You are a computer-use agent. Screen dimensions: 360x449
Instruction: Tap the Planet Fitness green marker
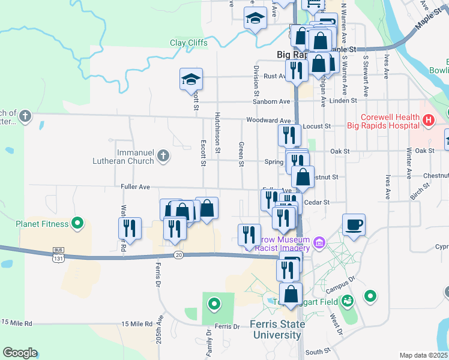(x=77, y=224)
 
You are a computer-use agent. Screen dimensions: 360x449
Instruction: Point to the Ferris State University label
(x=277, y=329)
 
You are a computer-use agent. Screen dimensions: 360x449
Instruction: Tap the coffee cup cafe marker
(x=354, y=225)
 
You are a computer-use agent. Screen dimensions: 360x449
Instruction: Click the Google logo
(x=20, y=353)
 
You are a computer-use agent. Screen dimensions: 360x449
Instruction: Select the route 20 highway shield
(x=178, y=255)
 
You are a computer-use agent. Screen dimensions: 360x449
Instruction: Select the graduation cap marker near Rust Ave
(x=191, y=79)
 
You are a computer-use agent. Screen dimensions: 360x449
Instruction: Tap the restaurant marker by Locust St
(x=289, y=135)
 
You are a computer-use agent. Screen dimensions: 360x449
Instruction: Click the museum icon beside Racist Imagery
(x=319, y=242)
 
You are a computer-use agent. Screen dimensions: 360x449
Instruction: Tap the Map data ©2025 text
(x=423, y=355)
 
